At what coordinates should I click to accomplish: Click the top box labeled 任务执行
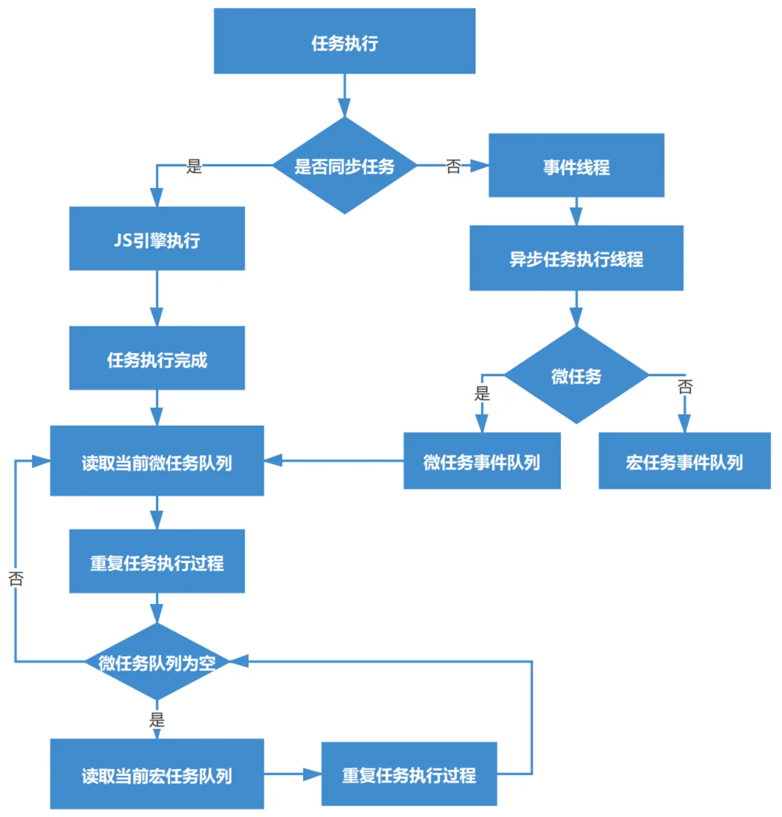[x=344, y=41]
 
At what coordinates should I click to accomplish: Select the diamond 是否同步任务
[x=344, y=166]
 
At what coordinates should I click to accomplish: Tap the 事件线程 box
[x=576, y=165]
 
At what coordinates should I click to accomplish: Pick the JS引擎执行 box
[x=157, y=238]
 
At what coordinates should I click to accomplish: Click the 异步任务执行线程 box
[x=576, y=258]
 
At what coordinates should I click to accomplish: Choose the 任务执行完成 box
[x=157, y=358]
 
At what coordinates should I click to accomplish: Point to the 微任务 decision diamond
[x=576, y=375]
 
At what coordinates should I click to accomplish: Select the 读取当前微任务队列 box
[x=157, y=461]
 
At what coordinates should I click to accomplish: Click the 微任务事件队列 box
[x=482, y=461]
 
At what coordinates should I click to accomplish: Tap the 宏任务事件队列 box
[x=685, y=461]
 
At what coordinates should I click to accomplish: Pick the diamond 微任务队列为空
[x=157, y=662]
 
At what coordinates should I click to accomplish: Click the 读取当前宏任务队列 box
[x=157, y=774]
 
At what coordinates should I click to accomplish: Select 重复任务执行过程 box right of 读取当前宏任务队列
[x=409, y=774]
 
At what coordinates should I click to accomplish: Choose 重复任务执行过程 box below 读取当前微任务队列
[x=157, y=561]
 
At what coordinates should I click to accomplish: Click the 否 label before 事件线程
[x=453, y=166]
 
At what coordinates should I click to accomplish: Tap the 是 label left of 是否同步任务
[x=194, y=166]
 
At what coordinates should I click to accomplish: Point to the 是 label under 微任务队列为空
[x=157, y=720]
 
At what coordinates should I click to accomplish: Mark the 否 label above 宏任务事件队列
[x=685, y=386]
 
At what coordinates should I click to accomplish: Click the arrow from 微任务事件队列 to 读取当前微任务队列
[x=334, y=460]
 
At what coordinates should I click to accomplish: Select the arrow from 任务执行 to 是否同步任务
[x=344, y=96]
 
